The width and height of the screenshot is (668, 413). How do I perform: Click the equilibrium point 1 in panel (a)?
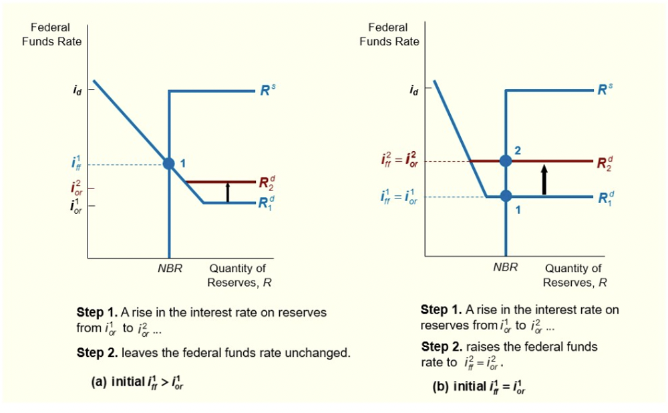169,164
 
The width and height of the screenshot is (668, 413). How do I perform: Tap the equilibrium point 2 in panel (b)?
506,160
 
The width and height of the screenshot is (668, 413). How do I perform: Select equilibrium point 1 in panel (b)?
506,196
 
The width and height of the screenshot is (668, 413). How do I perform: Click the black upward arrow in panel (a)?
228,192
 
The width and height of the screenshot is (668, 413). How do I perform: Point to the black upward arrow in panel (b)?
544,179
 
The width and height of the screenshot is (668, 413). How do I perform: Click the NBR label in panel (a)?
169,269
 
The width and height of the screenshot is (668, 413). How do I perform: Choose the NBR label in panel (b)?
505,267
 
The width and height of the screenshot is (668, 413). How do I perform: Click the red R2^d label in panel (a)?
266,182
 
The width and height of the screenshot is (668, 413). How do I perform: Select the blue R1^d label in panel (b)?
602,198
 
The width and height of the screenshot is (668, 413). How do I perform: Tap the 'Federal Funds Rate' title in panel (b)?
389,35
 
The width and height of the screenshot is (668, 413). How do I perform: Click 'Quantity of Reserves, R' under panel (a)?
238,275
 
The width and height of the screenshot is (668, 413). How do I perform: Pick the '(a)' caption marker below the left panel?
99,382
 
